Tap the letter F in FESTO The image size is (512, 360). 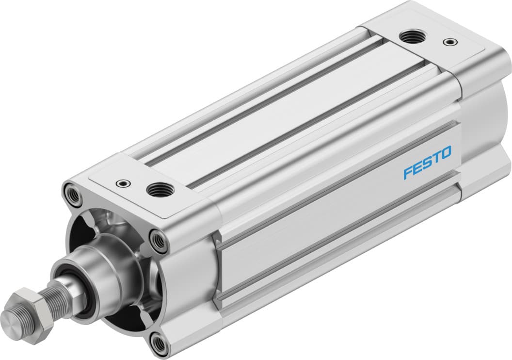[408, 173]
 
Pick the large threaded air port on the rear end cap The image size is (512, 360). [413, 36]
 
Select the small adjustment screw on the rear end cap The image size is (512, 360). [451, 42]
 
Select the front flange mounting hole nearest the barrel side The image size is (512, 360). [158, 239]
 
